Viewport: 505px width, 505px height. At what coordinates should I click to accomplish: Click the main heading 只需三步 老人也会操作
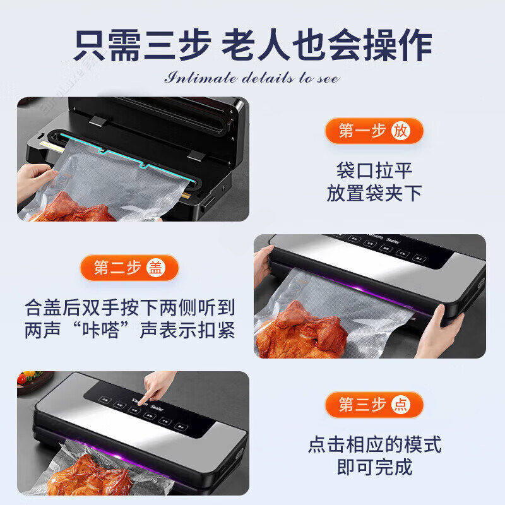(252, 45)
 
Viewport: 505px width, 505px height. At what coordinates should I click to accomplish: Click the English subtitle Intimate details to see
(252, 79)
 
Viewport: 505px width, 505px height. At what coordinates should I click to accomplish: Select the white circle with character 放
(400, 131)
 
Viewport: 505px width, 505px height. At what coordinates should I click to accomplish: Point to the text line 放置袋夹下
(374, 193)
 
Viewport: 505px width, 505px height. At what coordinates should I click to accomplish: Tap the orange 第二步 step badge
(129, 268)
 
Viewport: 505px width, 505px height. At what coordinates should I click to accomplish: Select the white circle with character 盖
(155, 268)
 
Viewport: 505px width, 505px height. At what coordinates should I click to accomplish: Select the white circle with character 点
(400, 405)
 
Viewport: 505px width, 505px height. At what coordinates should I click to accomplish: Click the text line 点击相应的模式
(374, 444)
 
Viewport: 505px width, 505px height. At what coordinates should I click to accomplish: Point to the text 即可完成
(374, 467)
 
